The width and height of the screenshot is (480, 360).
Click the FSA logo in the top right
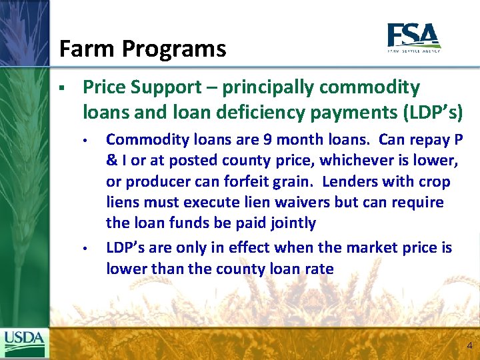pyautogui.click(x=413, y=37)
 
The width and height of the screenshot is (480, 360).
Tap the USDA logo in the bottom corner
pyautogui.click(x=25, y=343)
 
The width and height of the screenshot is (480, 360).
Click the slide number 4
pyautogui.click(x=469, y=345)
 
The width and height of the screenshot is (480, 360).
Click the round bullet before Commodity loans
pyautogui.click(x=85, y=141)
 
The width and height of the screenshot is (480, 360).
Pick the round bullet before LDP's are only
pyautogui.click(x=85, y=249)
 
